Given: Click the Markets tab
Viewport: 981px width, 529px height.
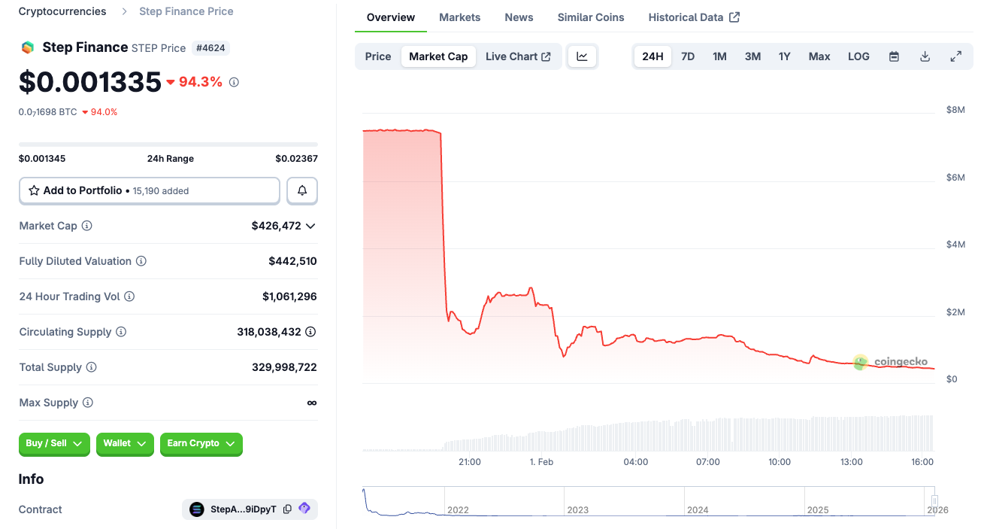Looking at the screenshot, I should click(x=459, y=17).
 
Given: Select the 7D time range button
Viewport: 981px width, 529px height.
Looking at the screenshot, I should click(x=688, y=56).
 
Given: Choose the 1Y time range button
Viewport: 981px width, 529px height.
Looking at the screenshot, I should click(x=784, y=56).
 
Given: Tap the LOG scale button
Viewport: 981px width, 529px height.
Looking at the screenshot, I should click(x=858, y=56).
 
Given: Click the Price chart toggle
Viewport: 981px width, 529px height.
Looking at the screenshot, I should click(x=378, y=56).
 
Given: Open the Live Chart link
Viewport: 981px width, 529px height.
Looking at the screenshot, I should click(x=518, y=56).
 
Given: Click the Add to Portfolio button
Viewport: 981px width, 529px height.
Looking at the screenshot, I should click(x=149, y=191).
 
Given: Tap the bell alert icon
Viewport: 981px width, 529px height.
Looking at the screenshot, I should click(x=302, y=191).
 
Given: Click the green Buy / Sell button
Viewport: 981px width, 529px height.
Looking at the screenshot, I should click(x=54, y=444).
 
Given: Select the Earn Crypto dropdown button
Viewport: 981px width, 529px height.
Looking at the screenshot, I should click(x=201, y=444).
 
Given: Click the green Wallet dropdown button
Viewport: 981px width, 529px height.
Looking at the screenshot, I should click(x=125, y=444).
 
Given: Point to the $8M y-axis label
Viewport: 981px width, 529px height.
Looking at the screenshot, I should click(x=955, y=110).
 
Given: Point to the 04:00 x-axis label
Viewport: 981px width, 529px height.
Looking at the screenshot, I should click(x=635, y=462).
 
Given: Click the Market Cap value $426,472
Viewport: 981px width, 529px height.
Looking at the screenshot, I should click(x=276, y=226).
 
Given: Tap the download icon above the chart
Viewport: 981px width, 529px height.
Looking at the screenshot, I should click(x=925, y=56).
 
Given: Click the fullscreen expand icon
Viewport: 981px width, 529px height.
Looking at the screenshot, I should click(x=956, y=56).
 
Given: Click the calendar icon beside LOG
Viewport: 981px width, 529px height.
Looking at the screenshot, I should click(x=894, y=56).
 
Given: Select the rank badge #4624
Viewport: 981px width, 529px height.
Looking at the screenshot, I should click(x=211, y=48).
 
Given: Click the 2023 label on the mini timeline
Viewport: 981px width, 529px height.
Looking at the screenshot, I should click(x=577, y=510).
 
